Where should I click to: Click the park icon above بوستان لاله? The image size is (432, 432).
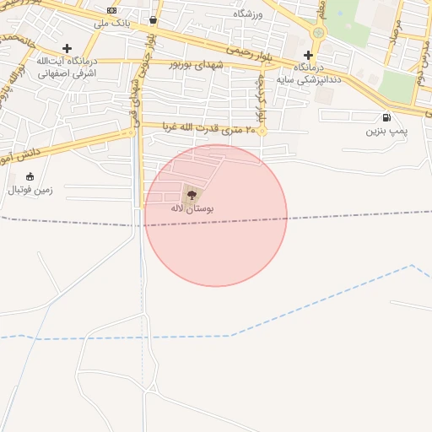coord(187,193)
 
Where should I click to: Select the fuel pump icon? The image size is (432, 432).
coord(386,117)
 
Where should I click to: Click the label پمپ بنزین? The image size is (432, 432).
coord(386,132)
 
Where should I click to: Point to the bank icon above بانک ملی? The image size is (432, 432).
coord(112,10)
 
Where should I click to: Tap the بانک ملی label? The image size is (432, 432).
coord(111,23)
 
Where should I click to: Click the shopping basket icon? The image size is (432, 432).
coord(153,19)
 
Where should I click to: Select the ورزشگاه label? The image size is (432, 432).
coord(248,14)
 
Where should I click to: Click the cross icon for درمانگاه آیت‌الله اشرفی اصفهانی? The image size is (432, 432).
coord(67,48)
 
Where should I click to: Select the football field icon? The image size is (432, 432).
coord(30,176)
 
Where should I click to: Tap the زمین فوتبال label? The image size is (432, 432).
coord(30,190)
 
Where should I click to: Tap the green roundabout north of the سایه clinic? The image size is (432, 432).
coord(318,33)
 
